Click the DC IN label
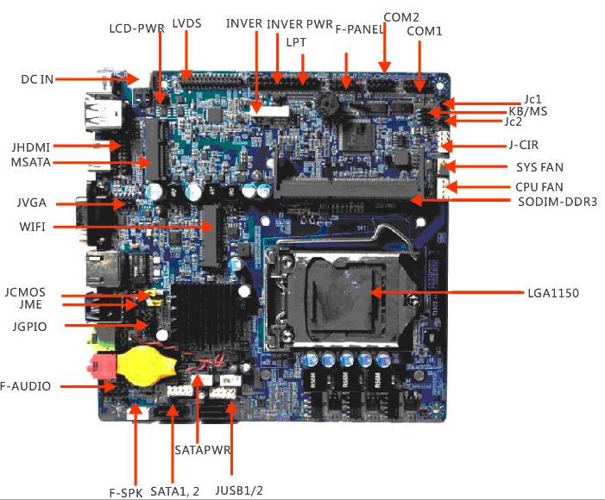click(37, 79)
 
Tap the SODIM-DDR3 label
click(558, 203)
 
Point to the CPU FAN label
click(539, 186)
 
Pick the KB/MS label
click(527, 112)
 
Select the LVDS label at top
click(186, 23)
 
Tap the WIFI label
click(32, 228)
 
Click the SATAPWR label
click(200, 449)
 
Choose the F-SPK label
click(126, 492)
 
